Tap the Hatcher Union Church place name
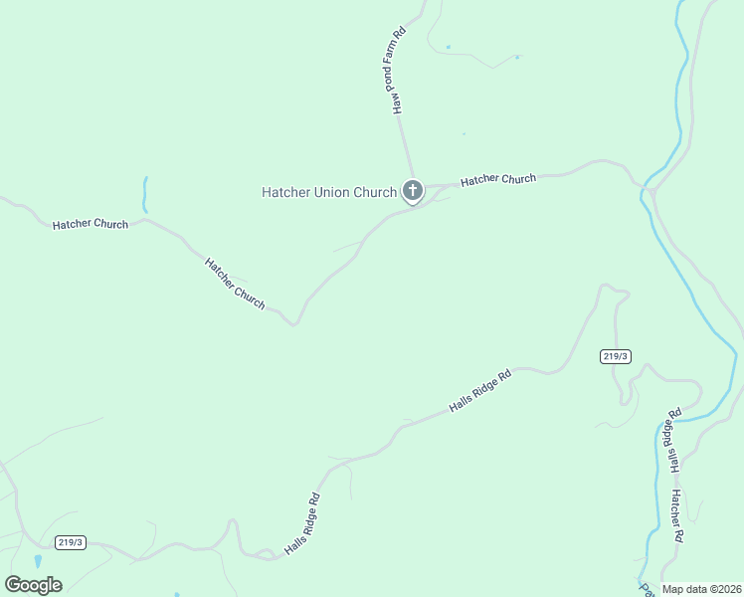[328, 192]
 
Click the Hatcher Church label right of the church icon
[498, 180]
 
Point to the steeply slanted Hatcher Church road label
[235, 284]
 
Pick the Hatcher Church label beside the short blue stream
[91, 224]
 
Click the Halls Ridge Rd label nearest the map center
[479, 390]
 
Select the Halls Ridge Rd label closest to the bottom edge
[301, 524]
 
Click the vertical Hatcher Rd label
[677, 515]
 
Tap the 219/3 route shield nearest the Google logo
[71, 542]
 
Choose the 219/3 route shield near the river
[616, 356]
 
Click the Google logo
[33, 585]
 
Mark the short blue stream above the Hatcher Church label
[144, 195]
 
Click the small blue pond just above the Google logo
[38, 561]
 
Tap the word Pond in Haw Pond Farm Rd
[399, 79]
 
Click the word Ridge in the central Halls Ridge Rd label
[482, 389]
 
